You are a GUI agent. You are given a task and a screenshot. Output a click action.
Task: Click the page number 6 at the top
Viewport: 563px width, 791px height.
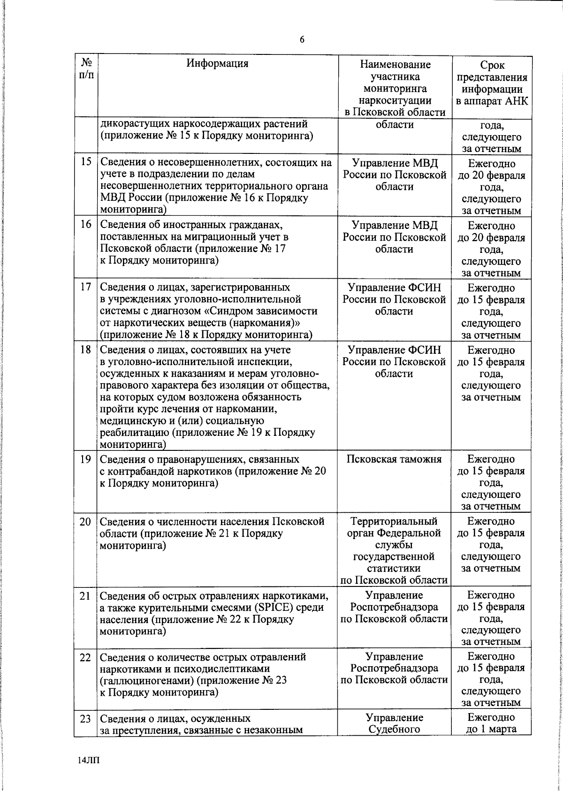point(302,40)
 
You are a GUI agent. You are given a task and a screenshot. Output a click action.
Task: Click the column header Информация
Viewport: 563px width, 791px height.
point(217,63)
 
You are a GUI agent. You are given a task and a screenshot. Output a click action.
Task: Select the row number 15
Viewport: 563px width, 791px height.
point(85,163)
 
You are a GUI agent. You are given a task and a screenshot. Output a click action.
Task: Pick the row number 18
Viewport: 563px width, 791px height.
point(85,350)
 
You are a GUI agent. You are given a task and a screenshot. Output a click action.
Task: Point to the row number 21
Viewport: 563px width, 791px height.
point(85,596)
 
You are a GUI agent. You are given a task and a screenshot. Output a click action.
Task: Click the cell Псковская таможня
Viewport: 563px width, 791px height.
point(394,459)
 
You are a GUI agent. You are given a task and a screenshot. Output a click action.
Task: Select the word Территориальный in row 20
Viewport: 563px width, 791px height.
point(394,521)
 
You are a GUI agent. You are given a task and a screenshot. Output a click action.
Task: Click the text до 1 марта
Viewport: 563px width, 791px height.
point(491,729)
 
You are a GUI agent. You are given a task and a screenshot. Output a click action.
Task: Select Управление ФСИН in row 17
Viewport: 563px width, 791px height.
point(394,288)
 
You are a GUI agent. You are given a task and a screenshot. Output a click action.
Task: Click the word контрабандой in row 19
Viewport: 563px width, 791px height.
point(137,471)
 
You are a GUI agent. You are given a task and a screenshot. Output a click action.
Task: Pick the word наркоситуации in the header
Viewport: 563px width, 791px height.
point(394,100)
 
